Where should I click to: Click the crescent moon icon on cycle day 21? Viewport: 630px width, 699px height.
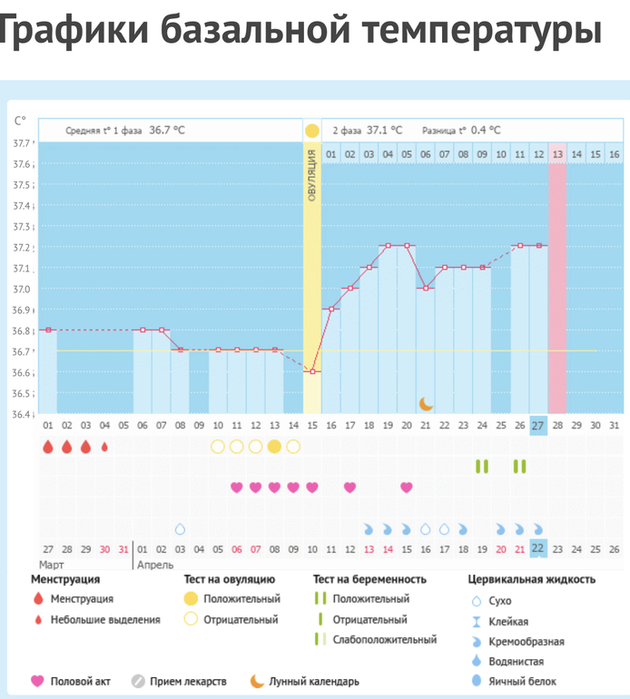coord(426,403)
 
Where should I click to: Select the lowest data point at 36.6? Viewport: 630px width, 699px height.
coord(312,371)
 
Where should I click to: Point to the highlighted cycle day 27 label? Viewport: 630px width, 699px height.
coord(538,426)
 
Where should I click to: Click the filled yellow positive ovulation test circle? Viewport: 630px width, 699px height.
coord(274,446)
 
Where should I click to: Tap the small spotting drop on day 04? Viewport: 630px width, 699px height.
coord(104,447)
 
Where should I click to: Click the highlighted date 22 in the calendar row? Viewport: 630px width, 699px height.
coord(538,548)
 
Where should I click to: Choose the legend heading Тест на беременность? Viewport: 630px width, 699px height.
coord(369,578)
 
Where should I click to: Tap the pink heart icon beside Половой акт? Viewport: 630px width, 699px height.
coord(38,681)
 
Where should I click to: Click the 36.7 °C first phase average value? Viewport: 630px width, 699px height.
coord(167,130)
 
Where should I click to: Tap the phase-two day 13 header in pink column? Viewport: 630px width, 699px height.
coord(557,154)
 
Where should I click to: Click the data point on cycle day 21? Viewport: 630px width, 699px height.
coord(426,288)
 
